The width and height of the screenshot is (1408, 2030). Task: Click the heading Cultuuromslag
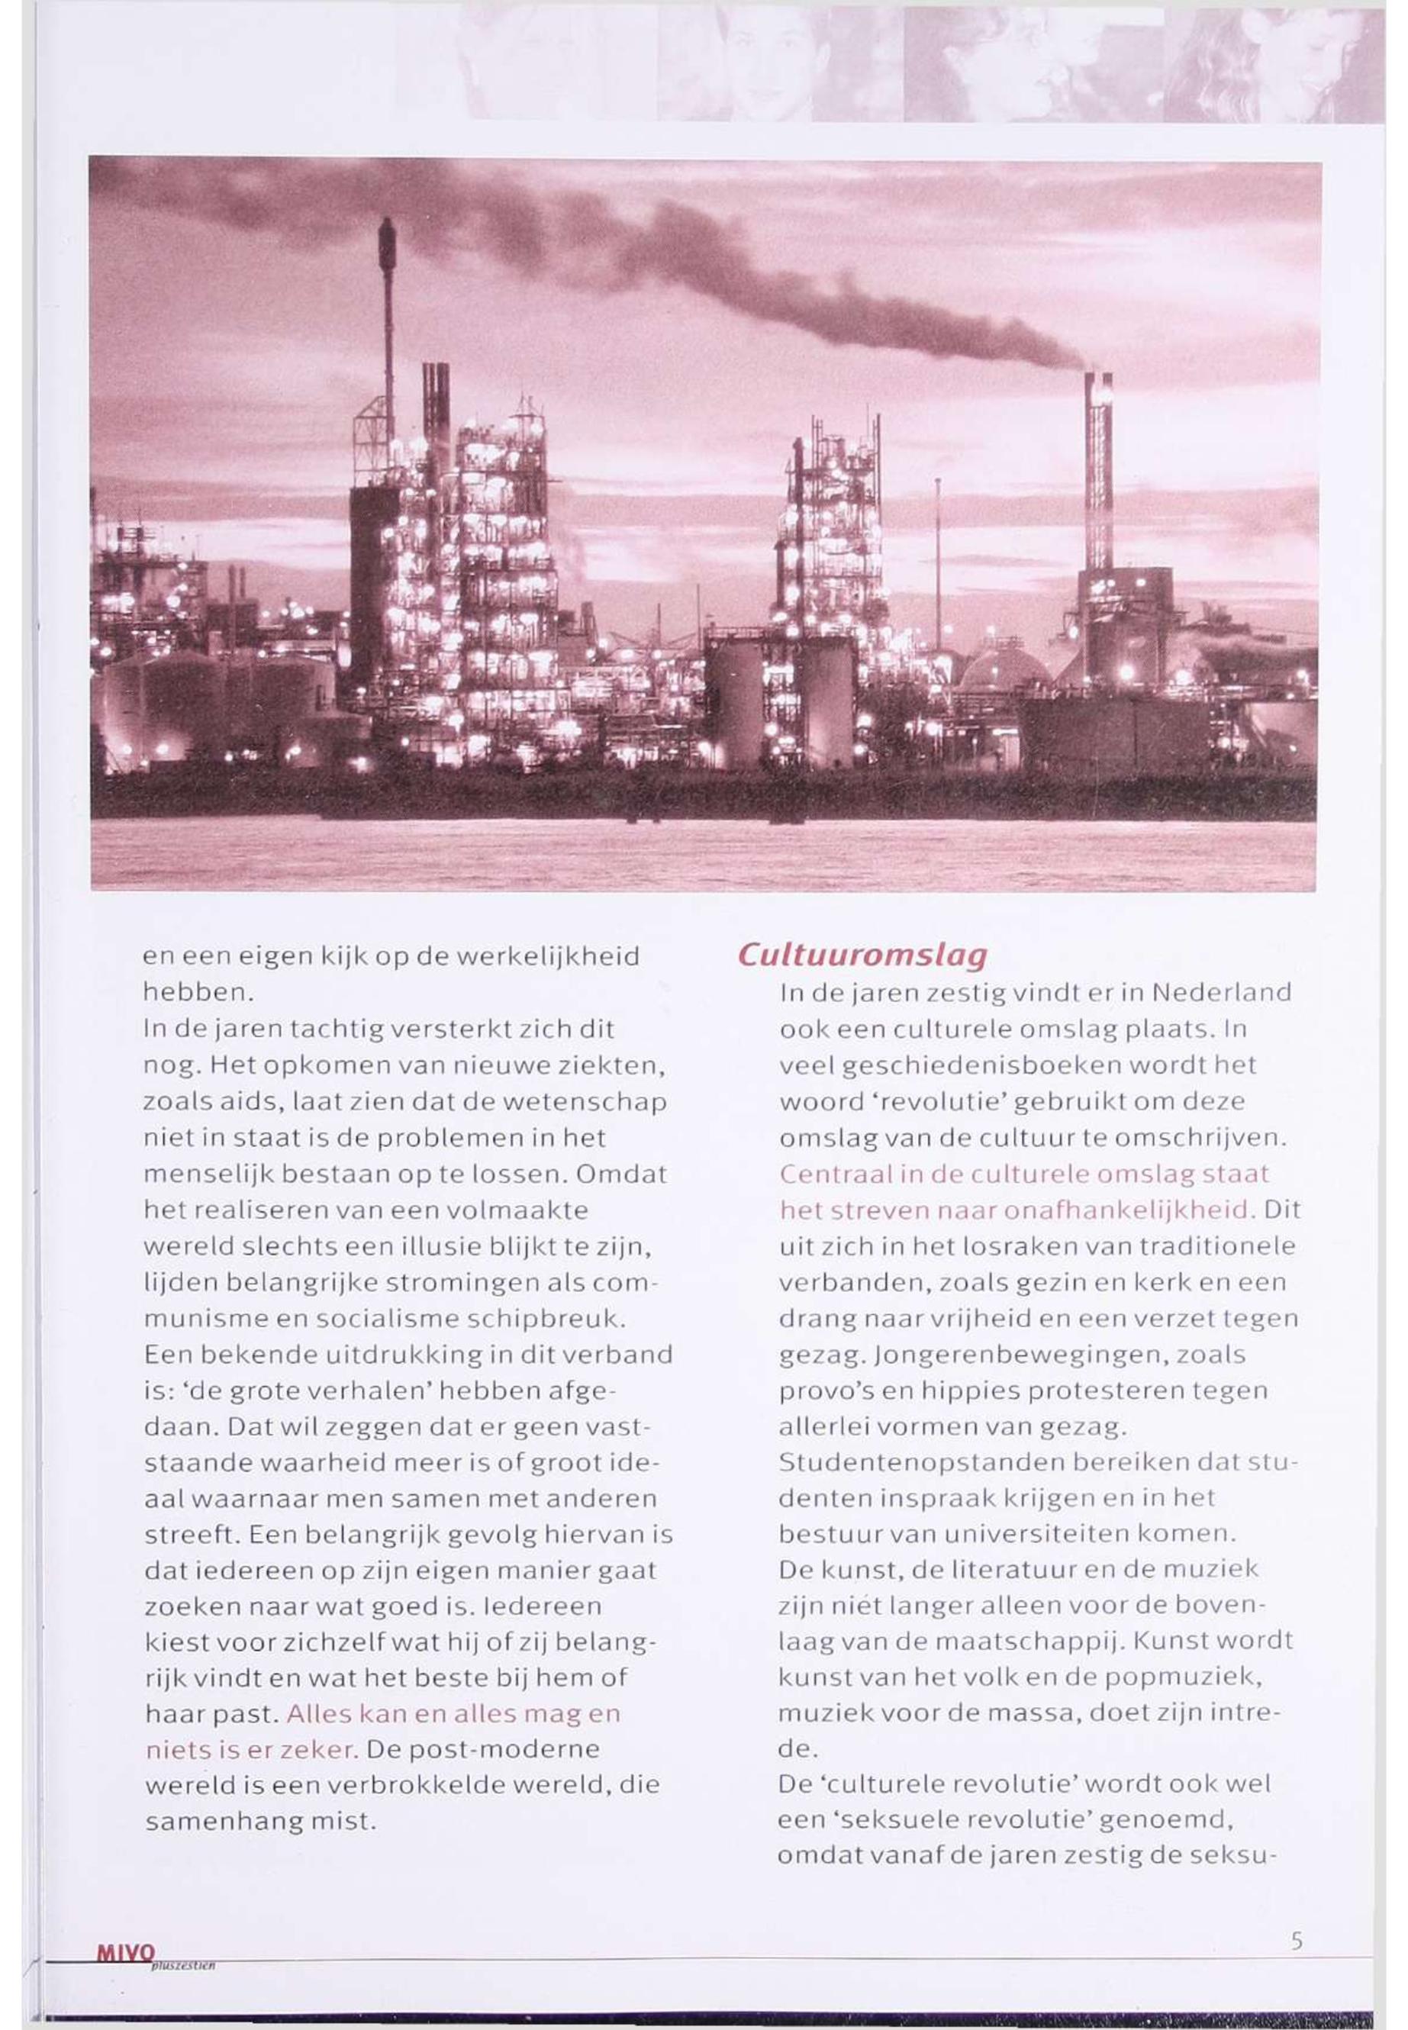tap(861, 954)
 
